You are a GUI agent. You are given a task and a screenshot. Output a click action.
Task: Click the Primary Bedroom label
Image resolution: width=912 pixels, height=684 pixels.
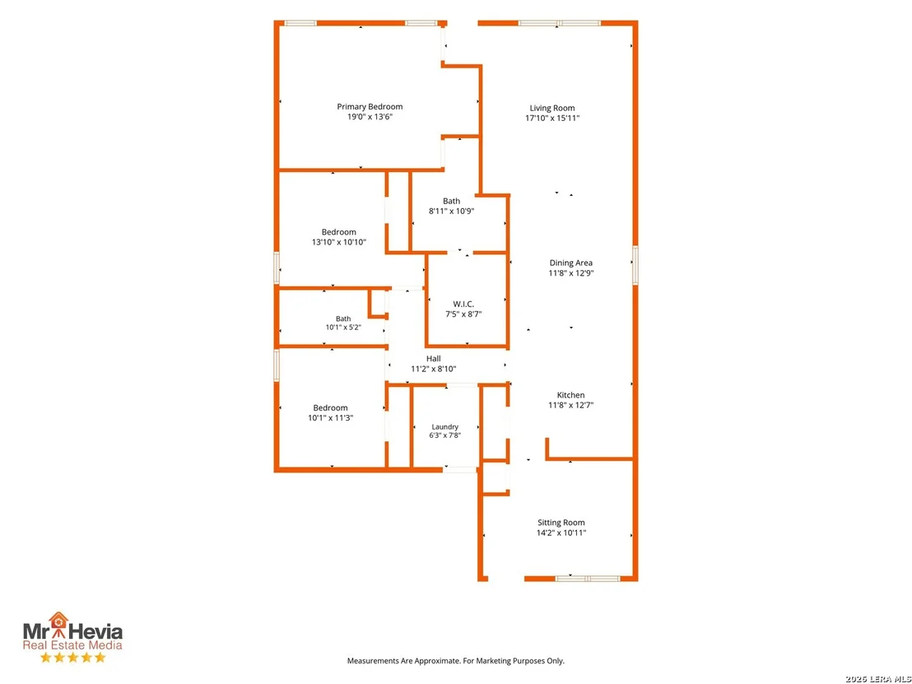point(370,106)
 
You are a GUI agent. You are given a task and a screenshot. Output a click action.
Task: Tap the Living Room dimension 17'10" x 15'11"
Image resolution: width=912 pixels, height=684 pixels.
point(552,118)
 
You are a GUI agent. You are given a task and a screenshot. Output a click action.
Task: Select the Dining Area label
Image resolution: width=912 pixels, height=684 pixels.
point(570,263)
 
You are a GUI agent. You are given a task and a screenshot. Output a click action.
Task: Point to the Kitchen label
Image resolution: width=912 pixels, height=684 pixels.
point(570,395)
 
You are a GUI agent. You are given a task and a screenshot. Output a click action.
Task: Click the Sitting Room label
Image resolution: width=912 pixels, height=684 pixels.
point(561,523)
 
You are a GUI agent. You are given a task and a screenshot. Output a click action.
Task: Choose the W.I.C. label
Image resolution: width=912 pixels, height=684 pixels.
point(463,305)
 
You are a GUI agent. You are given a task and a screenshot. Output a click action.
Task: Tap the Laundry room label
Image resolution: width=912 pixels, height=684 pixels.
point(445,427)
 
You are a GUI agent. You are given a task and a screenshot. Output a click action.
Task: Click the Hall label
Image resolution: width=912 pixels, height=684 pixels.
point(433,359)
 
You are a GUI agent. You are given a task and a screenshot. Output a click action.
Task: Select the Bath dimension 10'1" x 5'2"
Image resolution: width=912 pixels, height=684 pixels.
point(343,328)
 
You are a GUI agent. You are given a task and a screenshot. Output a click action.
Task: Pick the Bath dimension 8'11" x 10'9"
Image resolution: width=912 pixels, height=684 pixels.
point(451,212)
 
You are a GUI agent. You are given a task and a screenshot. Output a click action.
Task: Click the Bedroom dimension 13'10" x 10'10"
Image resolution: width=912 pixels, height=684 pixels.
point(339,242)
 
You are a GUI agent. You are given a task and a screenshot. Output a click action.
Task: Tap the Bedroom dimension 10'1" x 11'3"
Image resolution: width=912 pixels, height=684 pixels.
point(330,417)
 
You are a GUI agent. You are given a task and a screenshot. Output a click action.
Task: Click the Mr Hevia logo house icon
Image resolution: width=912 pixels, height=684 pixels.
point(58,620)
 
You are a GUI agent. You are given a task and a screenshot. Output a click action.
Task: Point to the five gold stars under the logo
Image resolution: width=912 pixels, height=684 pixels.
point(72,657)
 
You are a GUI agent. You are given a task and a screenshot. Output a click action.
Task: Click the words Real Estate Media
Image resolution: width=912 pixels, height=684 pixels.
point(72,645)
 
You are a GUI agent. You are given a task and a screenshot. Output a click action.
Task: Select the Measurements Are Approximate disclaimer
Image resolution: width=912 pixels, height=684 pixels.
point(455,661)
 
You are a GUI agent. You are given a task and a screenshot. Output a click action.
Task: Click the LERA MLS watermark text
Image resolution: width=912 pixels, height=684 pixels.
point(878,679)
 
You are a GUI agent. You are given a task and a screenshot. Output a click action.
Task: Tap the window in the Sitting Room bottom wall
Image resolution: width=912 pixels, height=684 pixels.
point(588,579)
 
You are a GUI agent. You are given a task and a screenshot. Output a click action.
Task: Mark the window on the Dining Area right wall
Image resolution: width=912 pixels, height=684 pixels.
point(635,265)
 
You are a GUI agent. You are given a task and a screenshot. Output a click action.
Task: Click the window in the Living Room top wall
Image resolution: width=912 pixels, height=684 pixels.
point(559,23)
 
